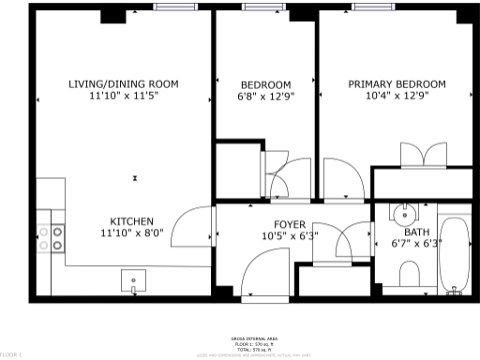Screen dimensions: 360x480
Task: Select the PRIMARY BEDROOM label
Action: tap(397, 83)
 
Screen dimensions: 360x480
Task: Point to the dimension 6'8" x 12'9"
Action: tap(265, 96)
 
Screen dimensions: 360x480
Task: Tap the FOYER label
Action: tap(289, 224)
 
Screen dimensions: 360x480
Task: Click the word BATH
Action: tap(415, 232)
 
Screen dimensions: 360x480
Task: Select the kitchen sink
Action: tap(133, 278)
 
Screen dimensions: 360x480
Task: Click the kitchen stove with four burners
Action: tap(51, 238)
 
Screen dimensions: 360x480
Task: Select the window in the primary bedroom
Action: tap(379, 7)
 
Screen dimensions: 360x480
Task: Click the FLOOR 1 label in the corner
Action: tap(10, 354)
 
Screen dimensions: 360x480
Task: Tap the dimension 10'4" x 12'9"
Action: tap(397, 96)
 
